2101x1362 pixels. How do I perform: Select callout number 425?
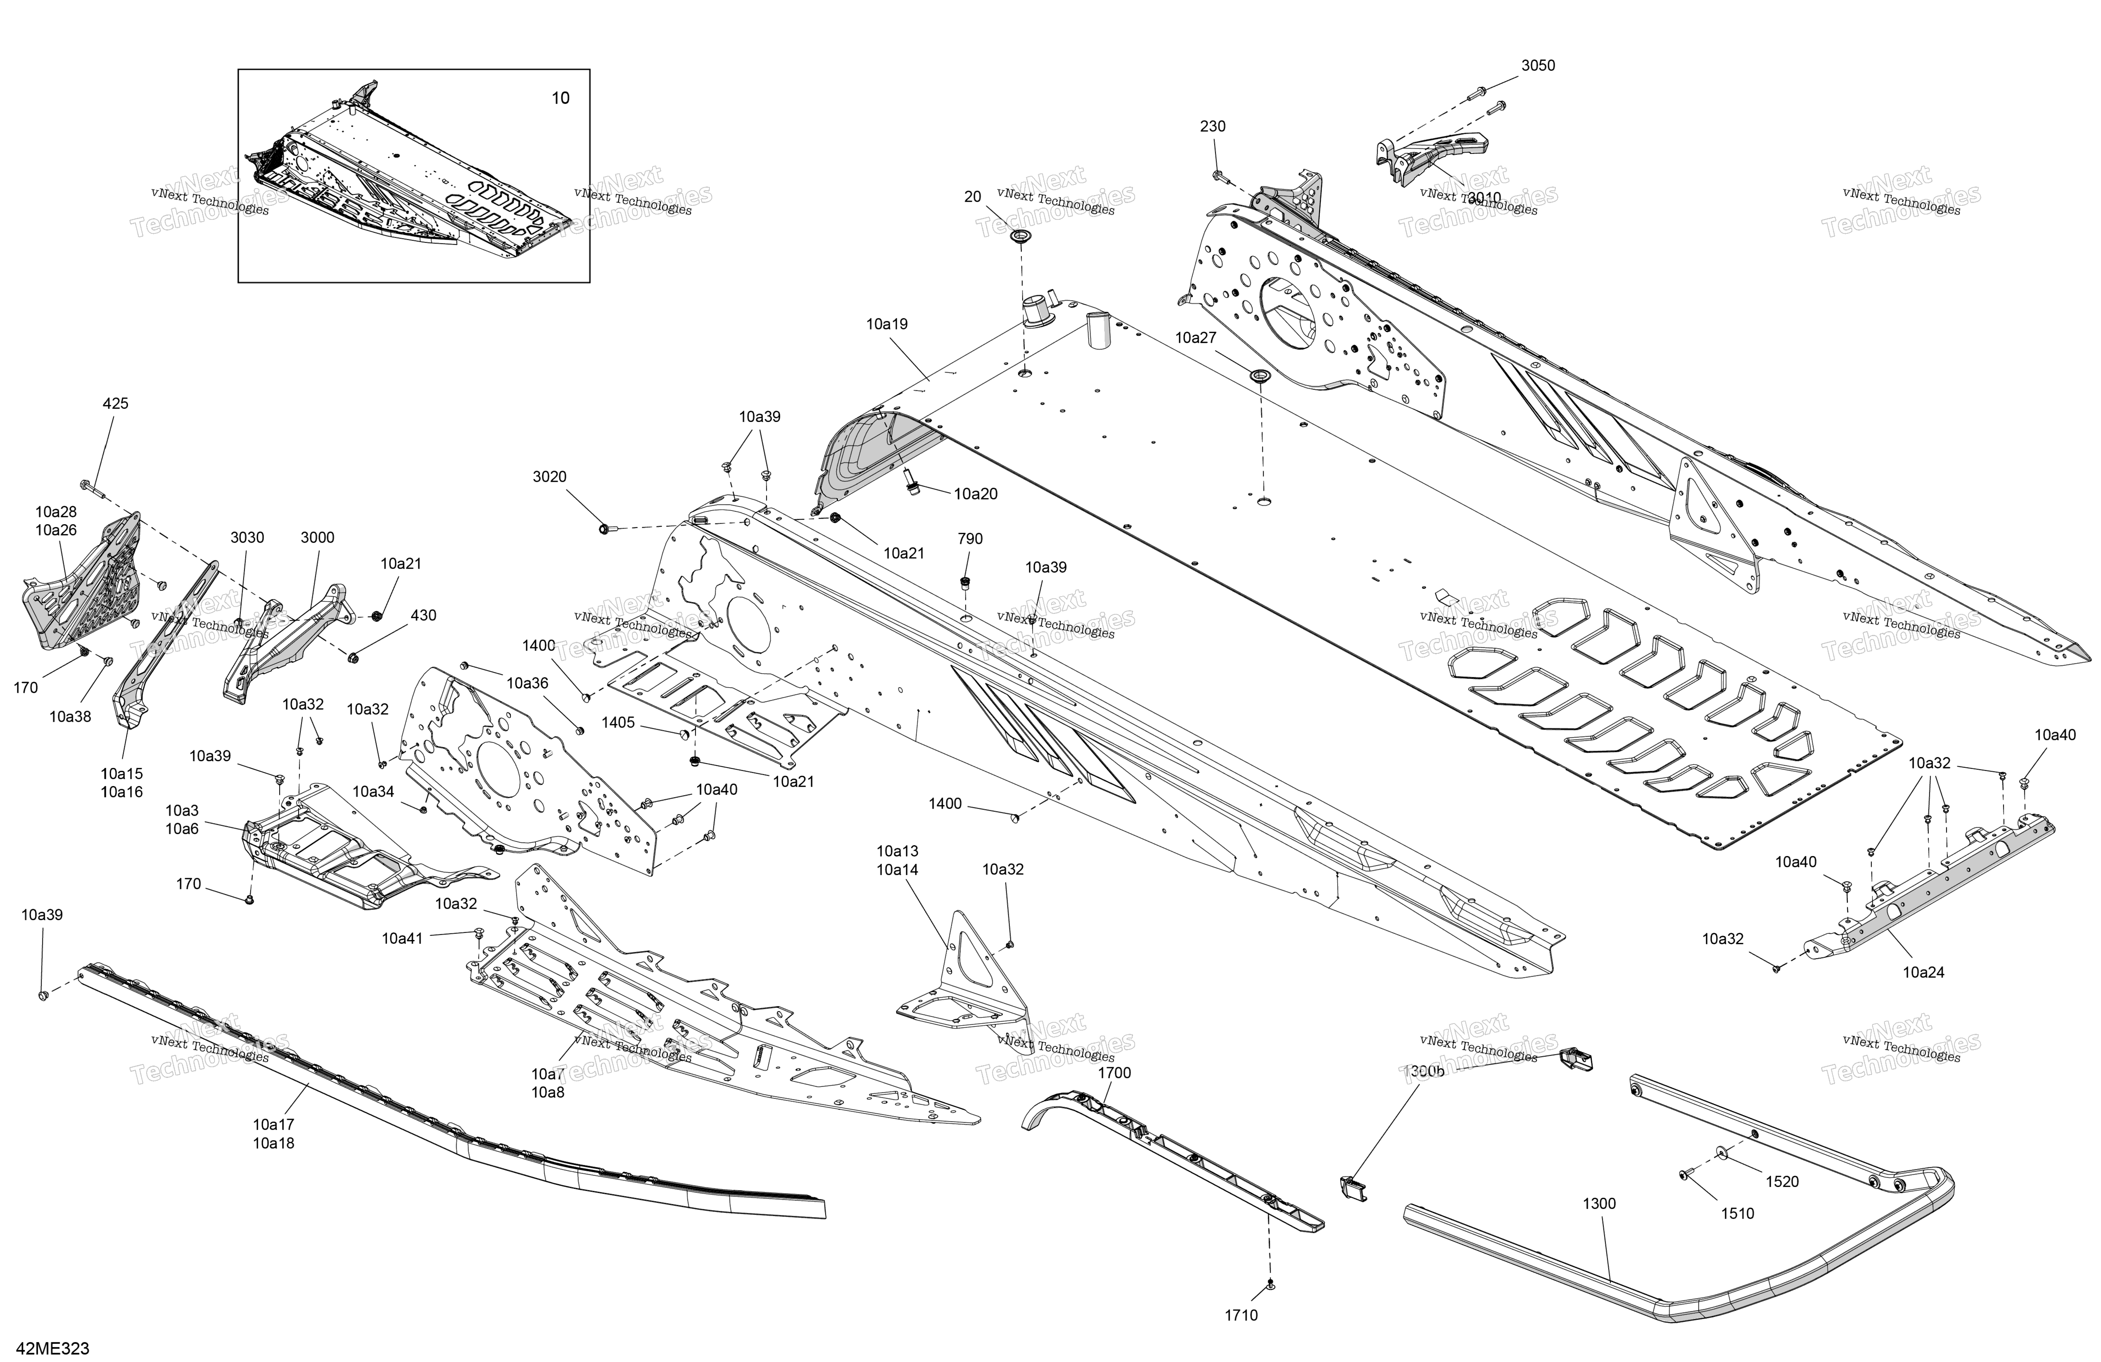click(116, 403)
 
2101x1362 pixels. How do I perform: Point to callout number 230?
click(1213, 126)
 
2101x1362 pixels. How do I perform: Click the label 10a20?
click(975, 494)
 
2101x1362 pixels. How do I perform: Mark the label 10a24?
click(1924, 973)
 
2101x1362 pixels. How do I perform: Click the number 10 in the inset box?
click(561, 98)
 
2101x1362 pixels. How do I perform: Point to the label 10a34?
click(373, 792)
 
